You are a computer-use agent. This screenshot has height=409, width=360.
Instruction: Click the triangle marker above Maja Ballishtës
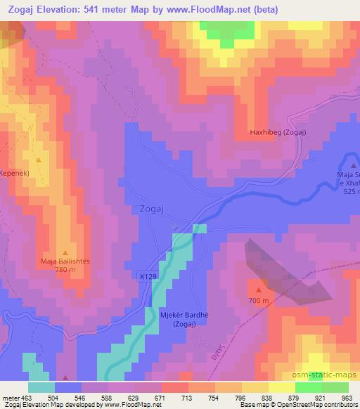65,252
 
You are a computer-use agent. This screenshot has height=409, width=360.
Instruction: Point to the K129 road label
147,278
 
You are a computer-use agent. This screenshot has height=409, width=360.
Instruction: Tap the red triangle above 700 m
259,290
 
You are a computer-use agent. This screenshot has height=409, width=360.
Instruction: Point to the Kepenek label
13,172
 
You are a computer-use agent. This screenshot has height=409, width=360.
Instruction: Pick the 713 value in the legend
188,397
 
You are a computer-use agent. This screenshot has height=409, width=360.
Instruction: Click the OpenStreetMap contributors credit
320,405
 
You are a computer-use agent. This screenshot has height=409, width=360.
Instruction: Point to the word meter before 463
9,397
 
